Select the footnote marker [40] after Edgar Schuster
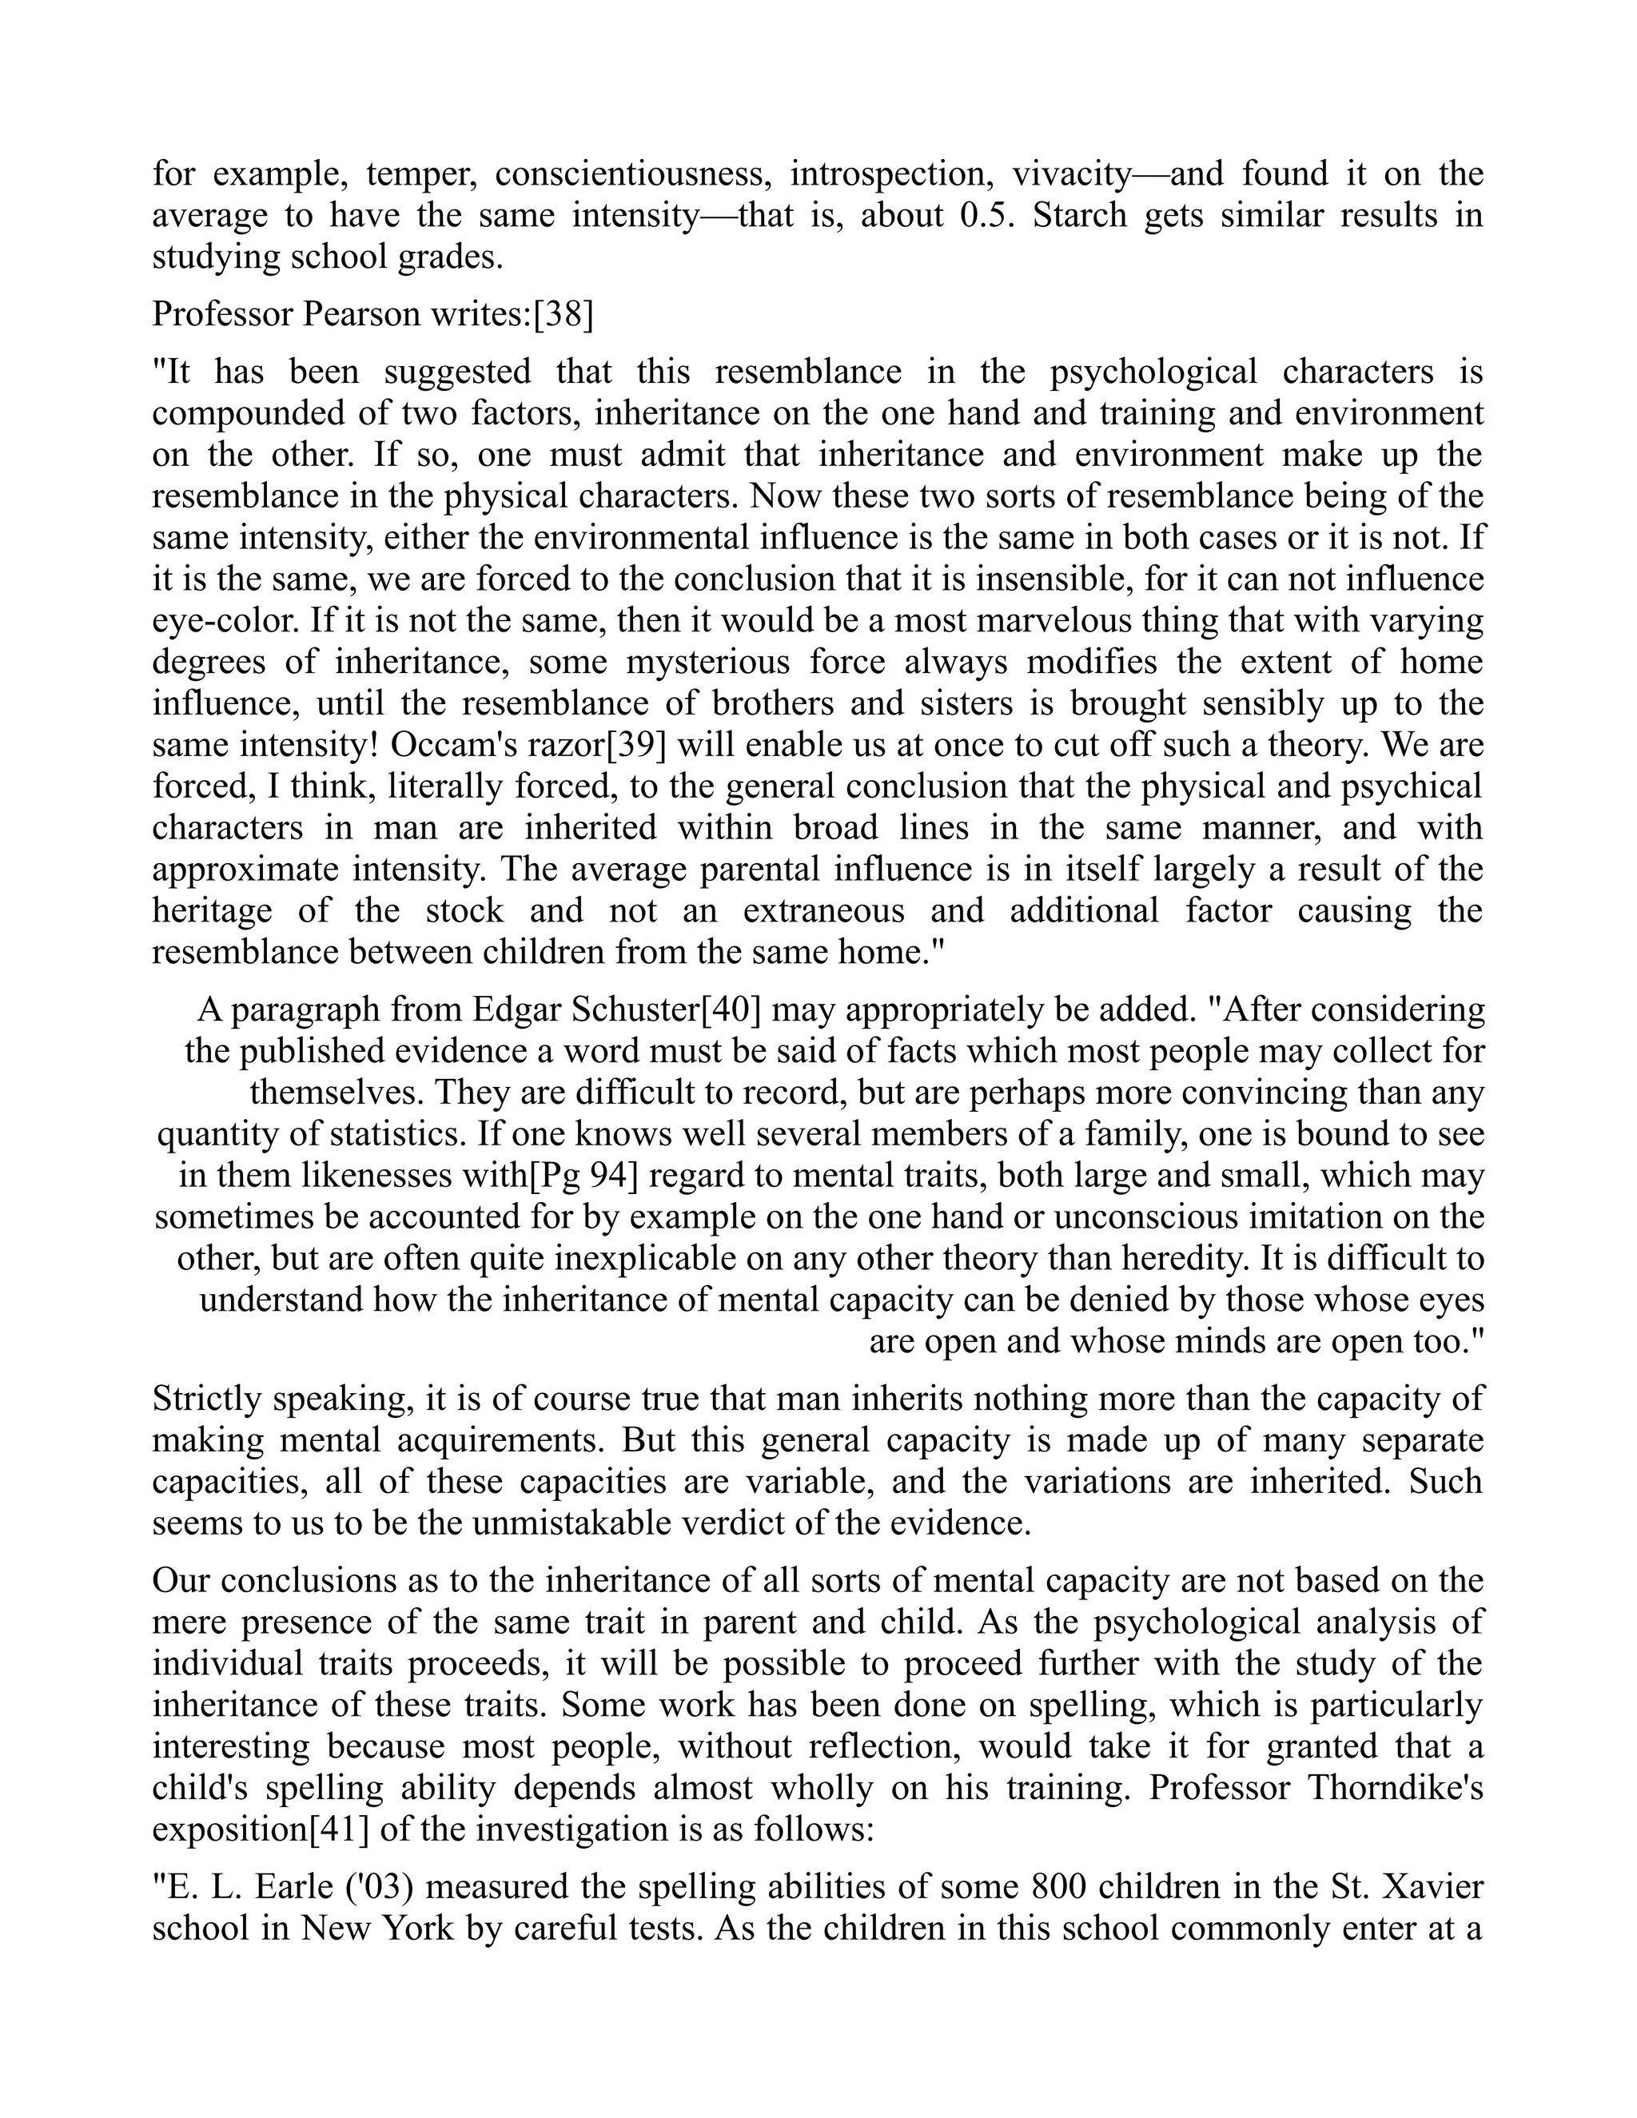click(x=731, y=1009)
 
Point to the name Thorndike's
click(x=1396, y=1787)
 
